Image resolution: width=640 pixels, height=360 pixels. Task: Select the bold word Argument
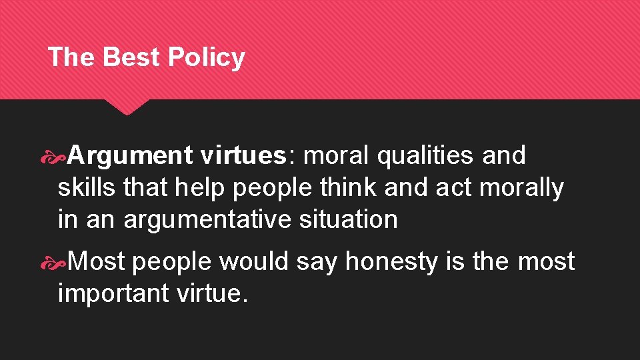click(129, 156)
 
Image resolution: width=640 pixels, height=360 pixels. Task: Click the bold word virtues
click(242, 155)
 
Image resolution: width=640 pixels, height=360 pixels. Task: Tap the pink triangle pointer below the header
click(127, 107)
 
